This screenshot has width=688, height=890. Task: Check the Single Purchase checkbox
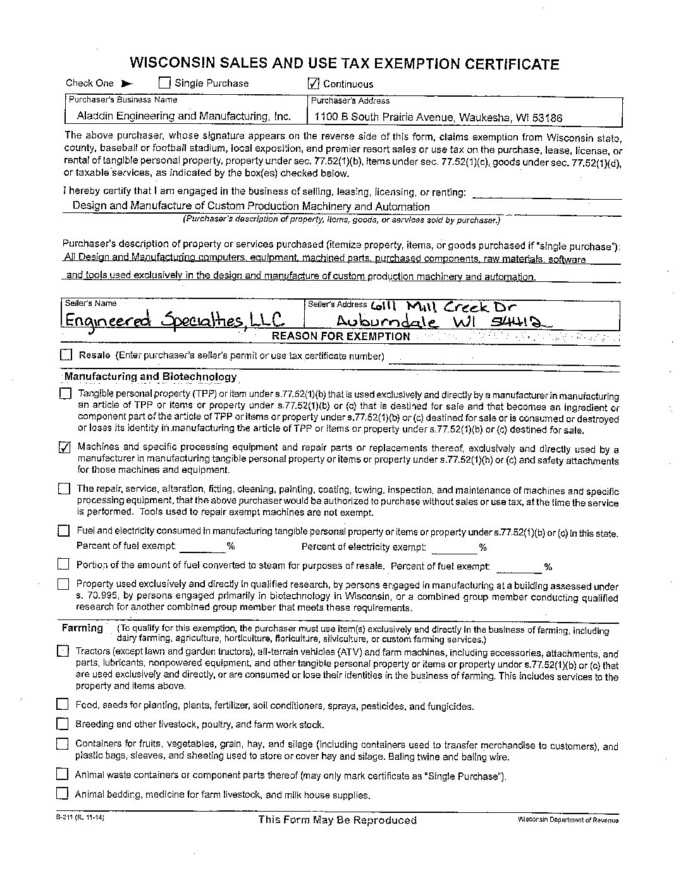point(164,83)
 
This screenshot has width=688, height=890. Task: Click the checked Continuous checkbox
point(314,83)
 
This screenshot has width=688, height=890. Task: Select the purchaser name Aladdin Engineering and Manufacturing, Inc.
point(183,116)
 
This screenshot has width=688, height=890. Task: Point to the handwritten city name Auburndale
point(386,321)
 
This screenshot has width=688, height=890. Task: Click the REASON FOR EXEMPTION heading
point(341,336)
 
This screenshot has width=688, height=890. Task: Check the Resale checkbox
point(66,355)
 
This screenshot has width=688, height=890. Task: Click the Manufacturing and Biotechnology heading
point(150,377)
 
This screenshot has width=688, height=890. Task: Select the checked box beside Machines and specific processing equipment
point(64,448)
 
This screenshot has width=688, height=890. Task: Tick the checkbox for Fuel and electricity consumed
point(63,531)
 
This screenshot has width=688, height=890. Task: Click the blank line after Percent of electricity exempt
point(454,547)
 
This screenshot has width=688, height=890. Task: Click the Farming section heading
point(82,628)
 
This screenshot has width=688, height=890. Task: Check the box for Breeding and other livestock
point(62,724)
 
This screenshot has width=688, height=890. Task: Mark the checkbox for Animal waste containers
point(61,774)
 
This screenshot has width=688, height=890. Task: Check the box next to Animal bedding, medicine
point(61,794)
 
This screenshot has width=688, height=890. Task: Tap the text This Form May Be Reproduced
point(337,820)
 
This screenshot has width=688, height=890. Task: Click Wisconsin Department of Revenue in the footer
point(567,820)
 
